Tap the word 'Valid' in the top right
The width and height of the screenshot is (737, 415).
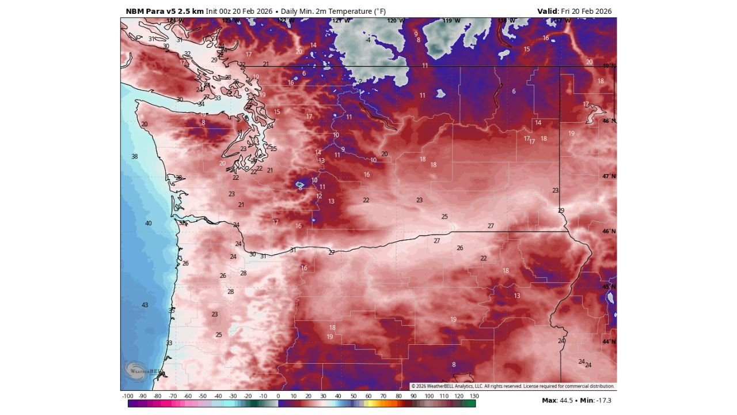tap(547, 11)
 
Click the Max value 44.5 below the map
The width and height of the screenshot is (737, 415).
tap(568, 400)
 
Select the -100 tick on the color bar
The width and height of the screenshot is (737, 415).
tap(128, 396)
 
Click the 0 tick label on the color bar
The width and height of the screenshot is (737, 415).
tap(278, 396)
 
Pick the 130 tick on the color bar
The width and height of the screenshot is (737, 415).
tap(474, 396)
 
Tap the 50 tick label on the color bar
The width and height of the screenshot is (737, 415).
tap(354, 396)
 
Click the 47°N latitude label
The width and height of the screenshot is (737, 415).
tap(609, 176)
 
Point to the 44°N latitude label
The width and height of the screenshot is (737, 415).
tap(609, 342)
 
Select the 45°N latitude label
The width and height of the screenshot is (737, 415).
tap(609, 286)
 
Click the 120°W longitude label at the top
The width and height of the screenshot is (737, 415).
tap(395, 21)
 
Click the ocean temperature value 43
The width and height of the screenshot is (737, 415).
tap(145, 305)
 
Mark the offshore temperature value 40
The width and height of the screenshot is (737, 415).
tap(149, 223)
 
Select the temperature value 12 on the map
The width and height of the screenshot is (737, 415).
tap(319, 196)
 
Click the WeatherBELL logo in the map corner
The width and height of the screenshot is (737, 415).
tap(136, 371)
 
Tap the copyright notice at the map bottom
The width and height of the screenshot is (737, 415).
tap(512, 386)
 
